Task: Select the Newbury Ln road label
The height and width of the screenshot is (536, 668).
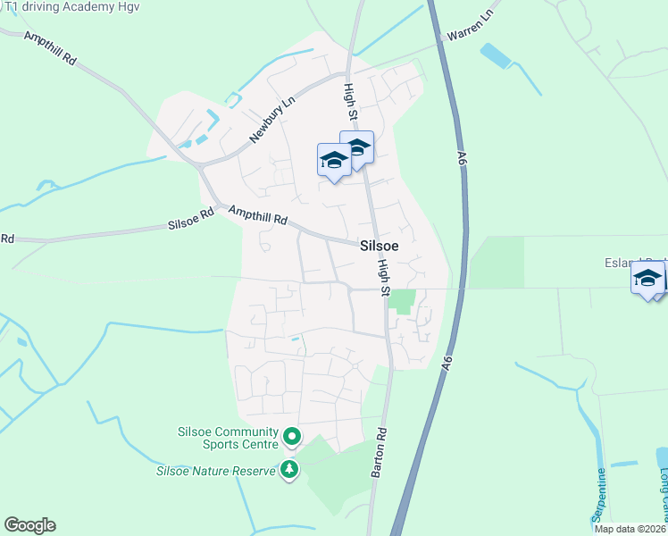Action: point(271,121)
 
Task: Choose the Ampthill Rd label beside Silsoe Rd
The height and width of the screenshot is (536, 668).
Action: point(257,215)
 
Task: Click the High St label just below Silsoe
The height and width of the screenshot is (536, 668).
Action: point(384,278)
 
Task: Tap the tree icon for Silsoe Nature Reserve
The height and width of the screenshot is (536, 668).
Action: point(288,468)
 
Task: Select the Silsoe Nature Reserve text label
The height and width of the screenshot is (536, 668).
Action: point(217,471)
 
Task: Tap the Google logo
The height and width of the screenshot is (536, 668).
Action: point(29,525)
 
